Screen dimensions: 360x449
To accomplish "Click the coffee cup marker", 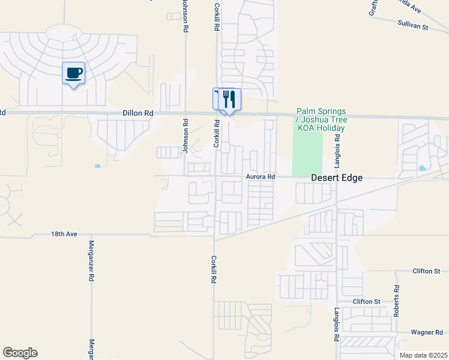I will pos(73,74).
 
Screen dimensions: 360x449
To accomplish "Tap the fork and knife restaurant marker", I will pos(229,99).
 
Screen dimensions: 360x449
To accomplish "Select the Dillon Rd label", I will pos(137,112).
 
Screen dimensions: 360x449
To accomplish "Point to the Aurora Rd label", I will pos(260,177).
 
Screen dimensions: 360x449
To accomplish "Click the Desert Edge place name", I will pos(337,178).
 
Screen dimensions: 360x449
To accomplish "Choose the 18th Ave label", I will pos(65,234).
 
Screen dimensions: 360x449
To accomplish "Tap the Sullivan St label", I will pos(412,26).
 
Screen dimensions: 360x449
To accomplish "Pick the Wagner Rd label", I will pos(426,332).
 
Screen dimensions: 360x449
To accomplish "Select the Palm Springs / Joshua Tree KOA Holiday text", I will pos(321,120).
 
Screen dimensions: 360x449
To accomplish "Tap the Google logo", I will pos(20,353).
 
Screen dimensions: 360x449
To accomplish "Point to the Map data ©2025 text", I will pos(423,355).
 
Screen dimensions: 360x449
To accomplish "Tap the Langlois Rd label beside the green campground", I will pos(338,151).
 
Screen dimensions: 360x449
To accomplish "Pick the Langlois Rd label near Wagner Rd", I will pos(336,325).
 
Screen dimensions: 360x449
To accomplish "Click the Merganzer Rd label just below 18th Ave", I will pos(92,261).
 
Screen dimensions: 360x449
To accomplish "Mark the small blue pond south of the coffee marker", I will pos(97,166).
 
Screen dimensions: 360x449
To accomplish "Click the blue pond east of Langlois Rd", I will pos(423,168).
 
